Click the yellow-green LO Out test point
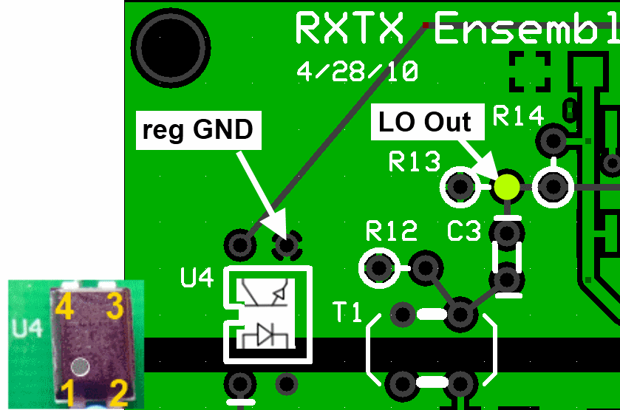tap(506, 186)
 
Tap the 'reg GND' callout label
tap(197, 131)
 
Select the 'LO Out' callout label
tap(425, 122)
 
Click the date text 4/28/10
tap(357, 72)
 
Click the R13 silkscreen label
tap(415, 161)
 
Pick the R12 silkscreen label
tap(392, 232)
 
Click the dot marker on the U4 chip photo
tap(80, 365)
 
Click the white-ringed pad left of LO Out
tap(460, 187)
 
